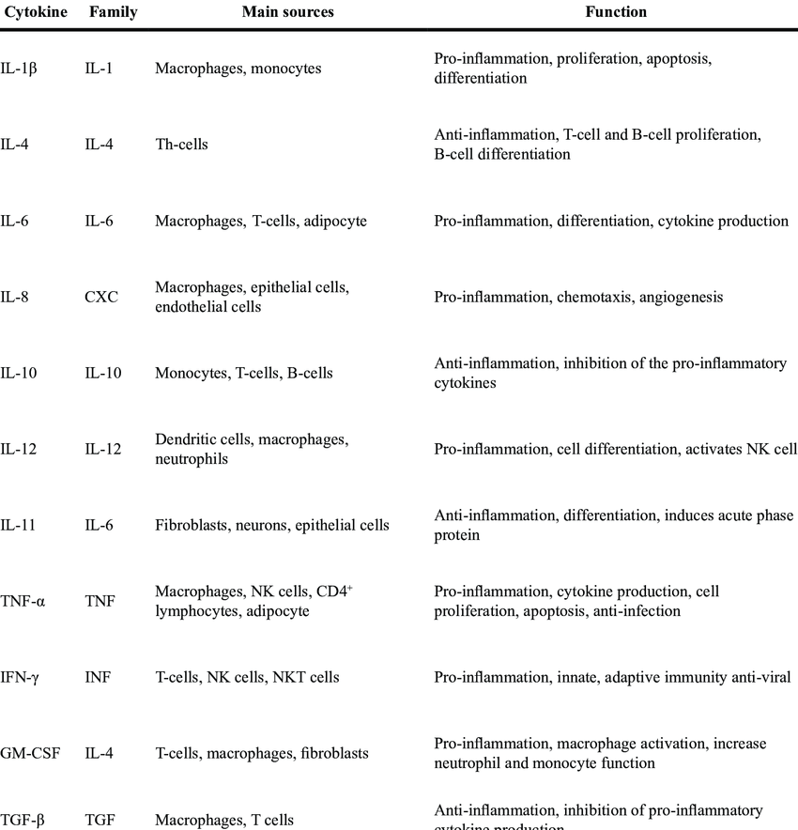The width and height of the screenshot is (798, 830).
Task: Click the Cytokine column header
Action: [36, 13]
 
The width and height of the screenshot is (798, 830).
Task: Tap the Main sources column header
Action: [287, 13]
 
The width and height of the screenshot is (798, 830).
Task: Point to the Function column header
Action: [615, 13]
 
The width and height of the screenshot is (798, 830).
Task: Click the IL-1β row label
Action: [21, 69]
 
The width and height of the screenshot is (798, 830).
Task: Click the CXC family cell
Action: [101, 298]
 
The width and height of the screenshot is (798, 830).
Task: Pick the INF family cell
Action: [98, 677]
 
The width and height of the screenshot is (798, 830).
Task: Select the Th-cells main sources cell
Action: [181, 145]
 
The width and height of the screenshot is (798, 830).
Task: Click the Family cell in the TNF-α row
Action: [100, 602]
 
